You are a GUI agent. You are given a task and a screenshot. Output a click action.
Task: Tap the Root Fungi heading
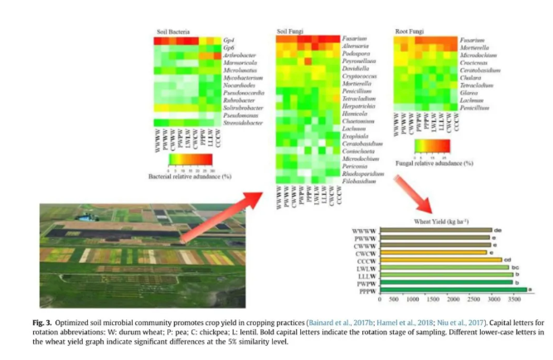[406, 32]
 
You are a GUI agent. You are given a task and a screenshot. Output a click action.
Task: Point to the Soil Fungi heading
[289, 32]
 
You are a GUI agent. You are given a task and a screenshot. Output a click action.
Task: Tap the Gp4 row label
[228, 40]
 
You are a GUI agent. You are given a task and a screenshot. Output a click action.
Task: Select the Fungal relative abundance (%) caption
[434, 164]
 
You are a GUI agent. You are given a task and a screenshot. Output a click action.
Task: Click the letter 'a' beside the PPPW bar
[531, 289]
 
